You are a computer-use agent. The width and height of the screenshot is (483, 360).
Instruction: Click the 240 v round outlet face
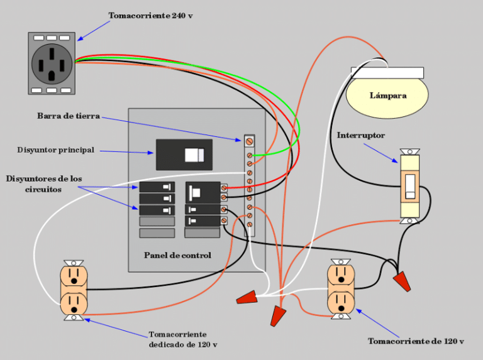click(x=52, y=63)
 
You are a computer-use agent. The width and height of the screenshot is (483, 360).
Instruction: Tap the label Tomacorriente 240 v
click(x=151, y=15)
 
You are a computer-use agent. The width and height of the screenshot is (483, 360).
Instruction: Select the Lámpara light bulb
click(x=387, y=96)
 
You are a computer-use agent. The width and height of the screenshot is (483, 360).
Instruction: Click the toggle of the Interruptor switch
click(x=410, y=187)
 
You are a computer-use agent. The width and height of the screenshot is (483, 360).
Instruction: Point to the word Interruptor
click(x=361, y=135)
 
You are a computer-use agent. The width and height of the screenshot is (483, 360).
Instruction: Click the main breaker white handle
click(x=194, y=155)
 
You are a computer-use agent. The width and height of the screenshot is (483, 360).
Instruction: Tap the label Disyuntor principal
click(x=56, y=150)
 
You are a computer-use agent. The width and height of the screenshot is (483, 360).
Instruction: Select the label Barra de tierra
click(x=69, y=116)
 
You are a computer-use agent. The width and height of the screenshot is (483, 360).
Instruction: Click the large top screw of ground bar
click(x=250, y=141)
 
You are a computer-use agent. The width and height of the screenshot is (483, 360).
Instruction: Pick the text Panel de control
click(x=177, y=255)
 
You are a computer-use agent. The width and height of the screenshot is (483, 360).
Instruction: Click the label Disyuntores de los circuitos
click(x=44, y=183)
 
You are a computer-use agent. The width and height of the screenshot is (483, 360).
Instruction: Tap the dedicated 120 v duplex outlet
click(x=74, y=290)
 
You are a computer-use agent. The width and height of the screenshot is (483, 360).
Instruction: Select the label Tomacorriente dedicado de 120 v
click(x=183, y=339)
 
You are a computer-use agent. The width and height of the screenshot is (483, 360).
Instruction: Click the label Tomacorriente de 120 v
click(x=416, y=341)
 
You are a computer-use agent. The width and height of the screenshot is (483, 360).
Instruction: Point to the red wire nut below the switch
click(x=402, y=281)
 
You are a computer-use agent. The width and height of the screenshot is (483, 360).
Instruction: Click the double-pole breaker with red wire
click(x=203, y=192)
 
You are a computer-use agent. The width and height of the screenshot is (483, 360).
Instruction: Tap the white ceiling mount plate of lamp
click(x=387, y=73)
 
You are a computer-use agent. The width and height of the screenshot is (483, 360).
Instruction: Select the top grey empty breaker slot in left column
click(x=157, y=221)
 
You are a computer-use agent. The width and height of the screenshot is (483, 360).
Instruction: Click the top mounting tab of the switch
click(x=410, y=151)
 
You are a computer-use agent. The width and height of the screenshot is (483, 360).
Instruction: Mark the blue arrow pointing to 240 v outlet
click(x=93, y=31)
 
